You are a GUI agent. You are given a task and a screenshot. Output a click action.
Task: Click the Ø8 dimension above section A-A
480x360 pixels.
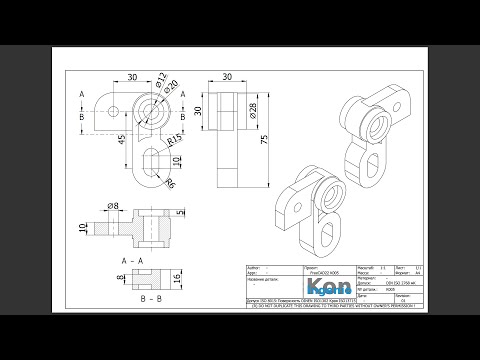point(113,206)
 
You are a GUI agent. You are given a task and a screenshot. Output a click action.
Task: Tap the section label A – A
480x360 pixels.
point(134,259)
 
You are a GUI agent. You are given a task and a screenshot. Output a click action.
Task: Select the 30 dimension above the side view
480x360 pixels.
point(229,76)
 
